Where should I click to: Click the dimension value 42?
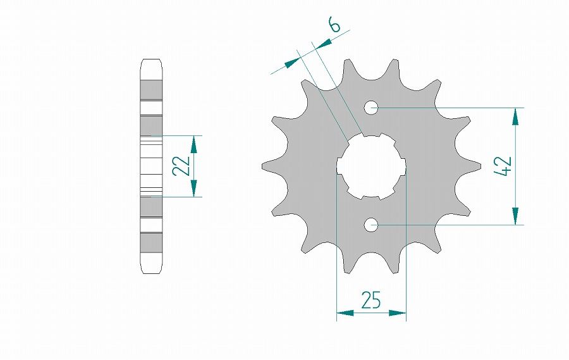[503, 166]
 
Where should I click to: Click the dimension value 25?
[371, 300]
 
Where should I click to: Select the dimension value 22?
[181, 166]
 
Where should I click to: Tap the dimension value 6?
[334, 25]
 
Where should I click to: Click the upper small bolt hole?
[371, 108]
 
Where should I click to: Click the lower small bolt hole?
[371, 225]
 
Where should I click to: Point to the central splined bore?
[371, 166]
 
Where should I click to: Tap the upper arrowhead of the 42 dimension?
[515, 116]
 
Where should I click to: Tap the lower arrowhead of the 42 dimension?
[515, 216]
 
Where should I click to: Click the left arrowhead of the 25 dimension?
[345, 313]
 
